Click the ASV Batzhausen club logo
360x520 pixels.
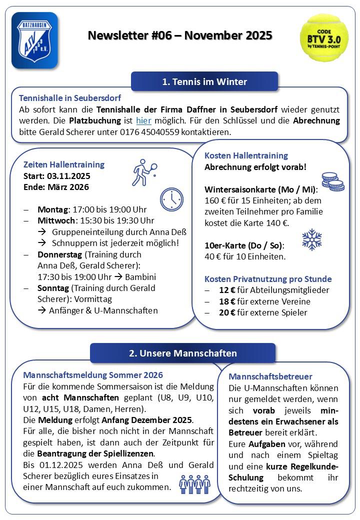[x=34, y=40]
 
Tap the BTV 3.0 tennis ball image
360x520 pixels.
[x=323, y=37]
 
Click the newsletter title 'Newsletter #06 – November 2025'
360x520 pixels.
[x=180, y=35]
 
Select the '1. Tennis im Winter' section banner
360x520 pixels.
[x=204, y=81]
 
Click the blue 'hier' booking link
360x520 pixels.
[x=143, y=120]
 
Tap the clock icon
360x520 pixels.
[x=171, y=199]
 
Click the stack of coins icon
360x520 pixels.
[x=332, y=181]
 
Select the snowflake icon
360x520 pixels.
[x=312, y=239]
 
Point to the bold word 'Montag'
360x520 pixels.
[x=52, y=209]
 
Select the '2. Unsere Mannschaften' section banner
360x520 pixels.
[x=182, y=353]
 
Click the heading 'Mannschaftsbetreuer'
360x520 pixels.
[x=270, y=376]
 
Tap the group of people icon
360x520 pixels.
[x=195, y=483]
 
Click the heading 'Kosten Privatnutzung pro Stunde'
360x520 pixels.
[x=268, y=279]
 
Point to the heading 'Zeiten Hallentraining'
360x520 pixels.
[x=64, y=164]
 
